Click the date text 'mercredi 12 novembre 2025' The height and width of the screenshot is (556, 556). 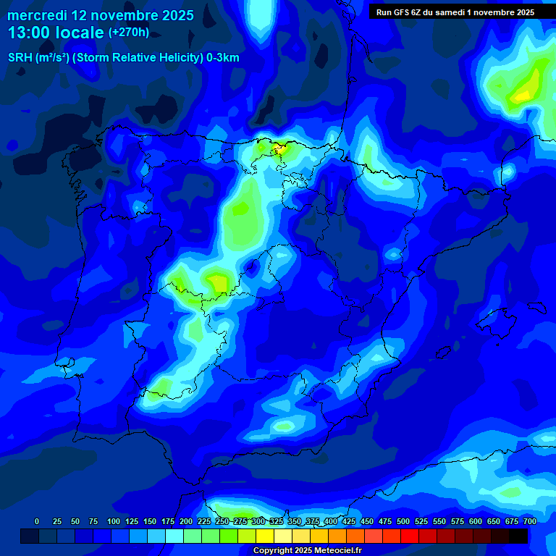click(101, 15)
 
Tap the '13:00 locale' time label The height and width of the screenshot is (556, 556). click(56, 33)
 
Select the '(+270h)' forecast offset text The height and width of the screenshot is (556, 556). click(129, 33)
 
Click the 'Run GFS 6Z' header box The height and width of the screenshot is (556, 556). click(455, 12)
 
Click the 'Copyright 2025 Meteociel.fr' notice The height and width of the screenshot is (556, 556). click(307, 551)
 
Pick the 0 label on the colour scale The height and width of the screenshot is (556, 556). click(37, 521)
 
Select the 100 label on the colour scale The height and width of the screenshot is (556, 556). click(113, 521)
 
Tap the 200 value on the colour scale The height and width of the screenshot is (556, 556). click(185, 521)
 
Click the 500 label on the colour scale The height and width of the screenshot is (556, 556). click(403, 521)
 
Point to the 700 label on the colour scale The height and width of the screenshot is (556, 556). click(529, 521)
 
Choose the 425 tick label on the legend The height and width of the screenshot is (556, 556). click(349, 521)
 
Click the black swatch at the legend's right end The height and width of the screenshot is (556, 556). click(518, 536)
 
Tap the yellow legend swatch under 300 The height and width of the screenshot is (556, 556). click(265, 536)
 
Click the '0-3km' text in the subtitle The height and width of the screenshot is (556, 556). click(223, 58)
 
